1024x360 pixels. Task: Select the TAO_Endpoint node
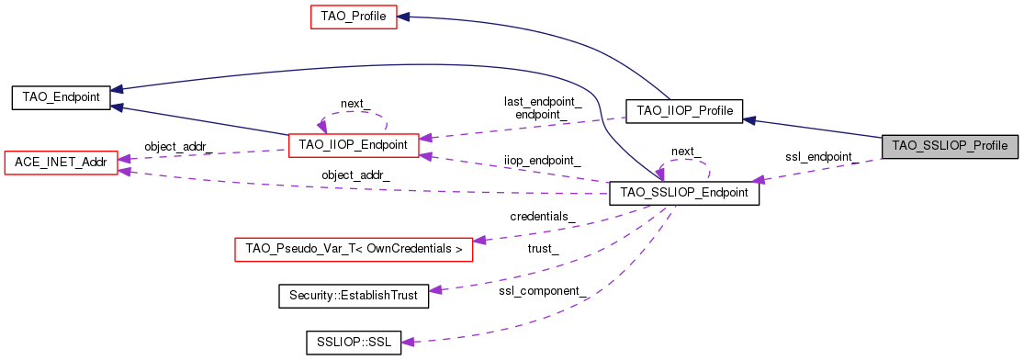(x=61, y=97)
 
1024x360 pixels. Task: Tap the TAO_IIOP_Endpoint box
(x=354, y=144)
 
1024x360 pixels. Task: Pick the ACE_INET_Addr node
(x=61, y=163)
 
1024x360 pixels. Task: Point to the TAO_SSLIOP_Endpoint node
(x=684, y=193)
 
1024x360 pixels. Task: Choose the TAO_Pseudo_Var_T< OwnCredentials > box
(x=354, y=249)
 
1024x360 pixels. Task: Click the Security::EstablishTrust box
(x=354, y=295)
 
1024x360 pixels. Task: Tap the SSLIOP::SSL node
(x=354, y=342)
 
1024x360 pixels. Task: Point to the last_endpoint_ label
(x=543, y=101)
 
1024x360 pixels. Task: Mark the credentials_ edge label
(x=543, y=217)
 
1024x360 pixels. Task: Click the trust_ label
(x=543, y=248)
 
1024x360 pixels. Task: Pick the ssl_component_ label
(x=543, y=291)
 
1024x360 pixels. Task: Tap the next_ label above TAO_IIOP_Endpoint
(x=354, y=104)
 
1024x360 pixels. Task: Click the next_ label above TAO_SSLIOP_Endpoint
(x=684, y=152)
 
